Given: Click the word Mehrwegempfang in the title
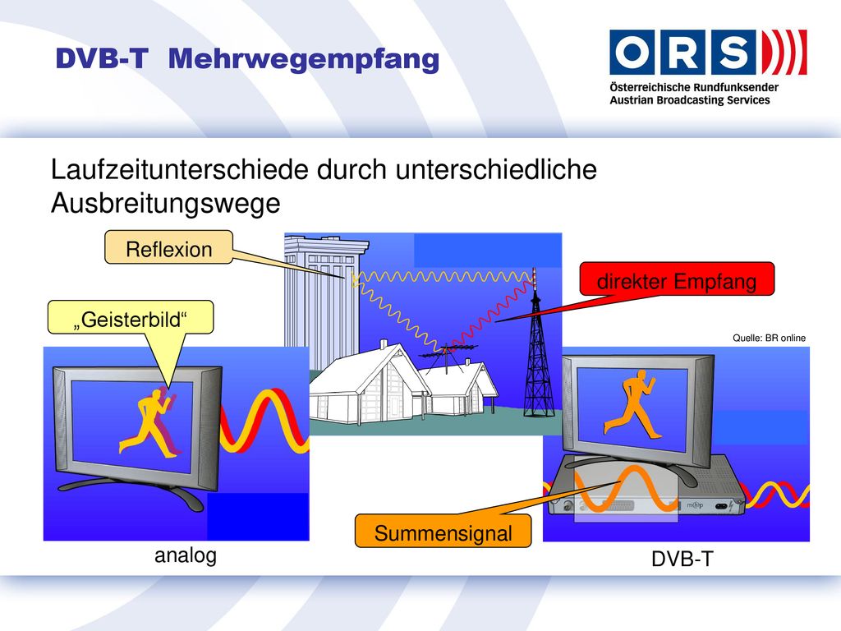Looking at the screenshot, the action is (x=304, y=59).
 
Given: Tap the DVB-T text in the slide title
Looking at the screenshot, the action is (x=101, y=58).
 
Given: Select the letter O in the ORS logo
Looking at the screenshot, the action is (x=632, y=52).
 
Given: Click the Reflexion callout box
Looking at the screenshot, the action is (x=168, y=247).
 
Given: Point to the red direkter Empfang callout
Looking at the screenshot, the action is (x=677, y=279).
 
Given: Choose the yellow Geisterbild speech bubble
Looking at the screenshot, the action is (x=131, y=318).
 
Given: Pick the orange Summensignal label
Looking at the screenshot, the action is (x=443, y=532).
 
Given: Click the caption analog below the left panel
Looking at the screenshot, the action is (x=186, y=555).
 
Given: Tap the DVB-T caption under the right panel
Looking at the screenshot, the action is (x=682, y=559).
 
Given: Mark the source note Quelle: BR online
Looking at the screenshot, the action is (x=769, y=338).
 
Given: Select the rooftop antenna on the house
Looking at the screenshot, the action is (x=446, y=356).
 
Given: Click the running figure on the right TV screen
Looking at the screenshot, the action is (x=630, y=404).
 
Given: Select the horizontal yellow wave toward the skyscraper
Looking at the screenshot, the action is (x=442, y=277).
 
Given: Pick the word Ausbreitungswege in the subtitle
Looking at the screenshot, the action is (x=166, y=204).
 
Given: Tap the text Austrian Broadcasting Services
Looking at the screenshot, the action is (x=690, y=100).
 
